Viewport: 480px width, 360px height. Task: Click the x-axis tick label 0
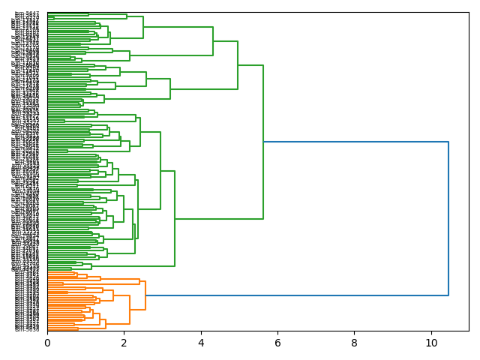pos(47,342)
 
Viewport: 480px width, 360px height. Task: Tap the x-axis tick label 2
pos(124,342)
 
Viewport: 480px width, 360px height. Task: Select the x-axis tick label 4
pos(201,342)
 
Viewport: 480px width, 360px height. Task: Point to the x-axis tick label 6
pos(277,342)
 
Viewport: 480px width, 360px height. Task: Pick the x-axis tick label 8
pos(355,342)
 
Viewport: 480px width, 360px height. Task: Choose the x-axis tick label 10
pos(431,342)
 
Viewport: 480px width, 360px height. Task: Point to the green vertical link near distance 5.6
pos(263,142)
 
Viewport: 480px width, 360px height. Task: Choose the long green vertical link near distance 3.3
pos(175,218)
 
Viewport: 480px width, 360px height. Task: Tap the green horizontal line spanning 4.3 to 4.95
pos(225,41)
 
